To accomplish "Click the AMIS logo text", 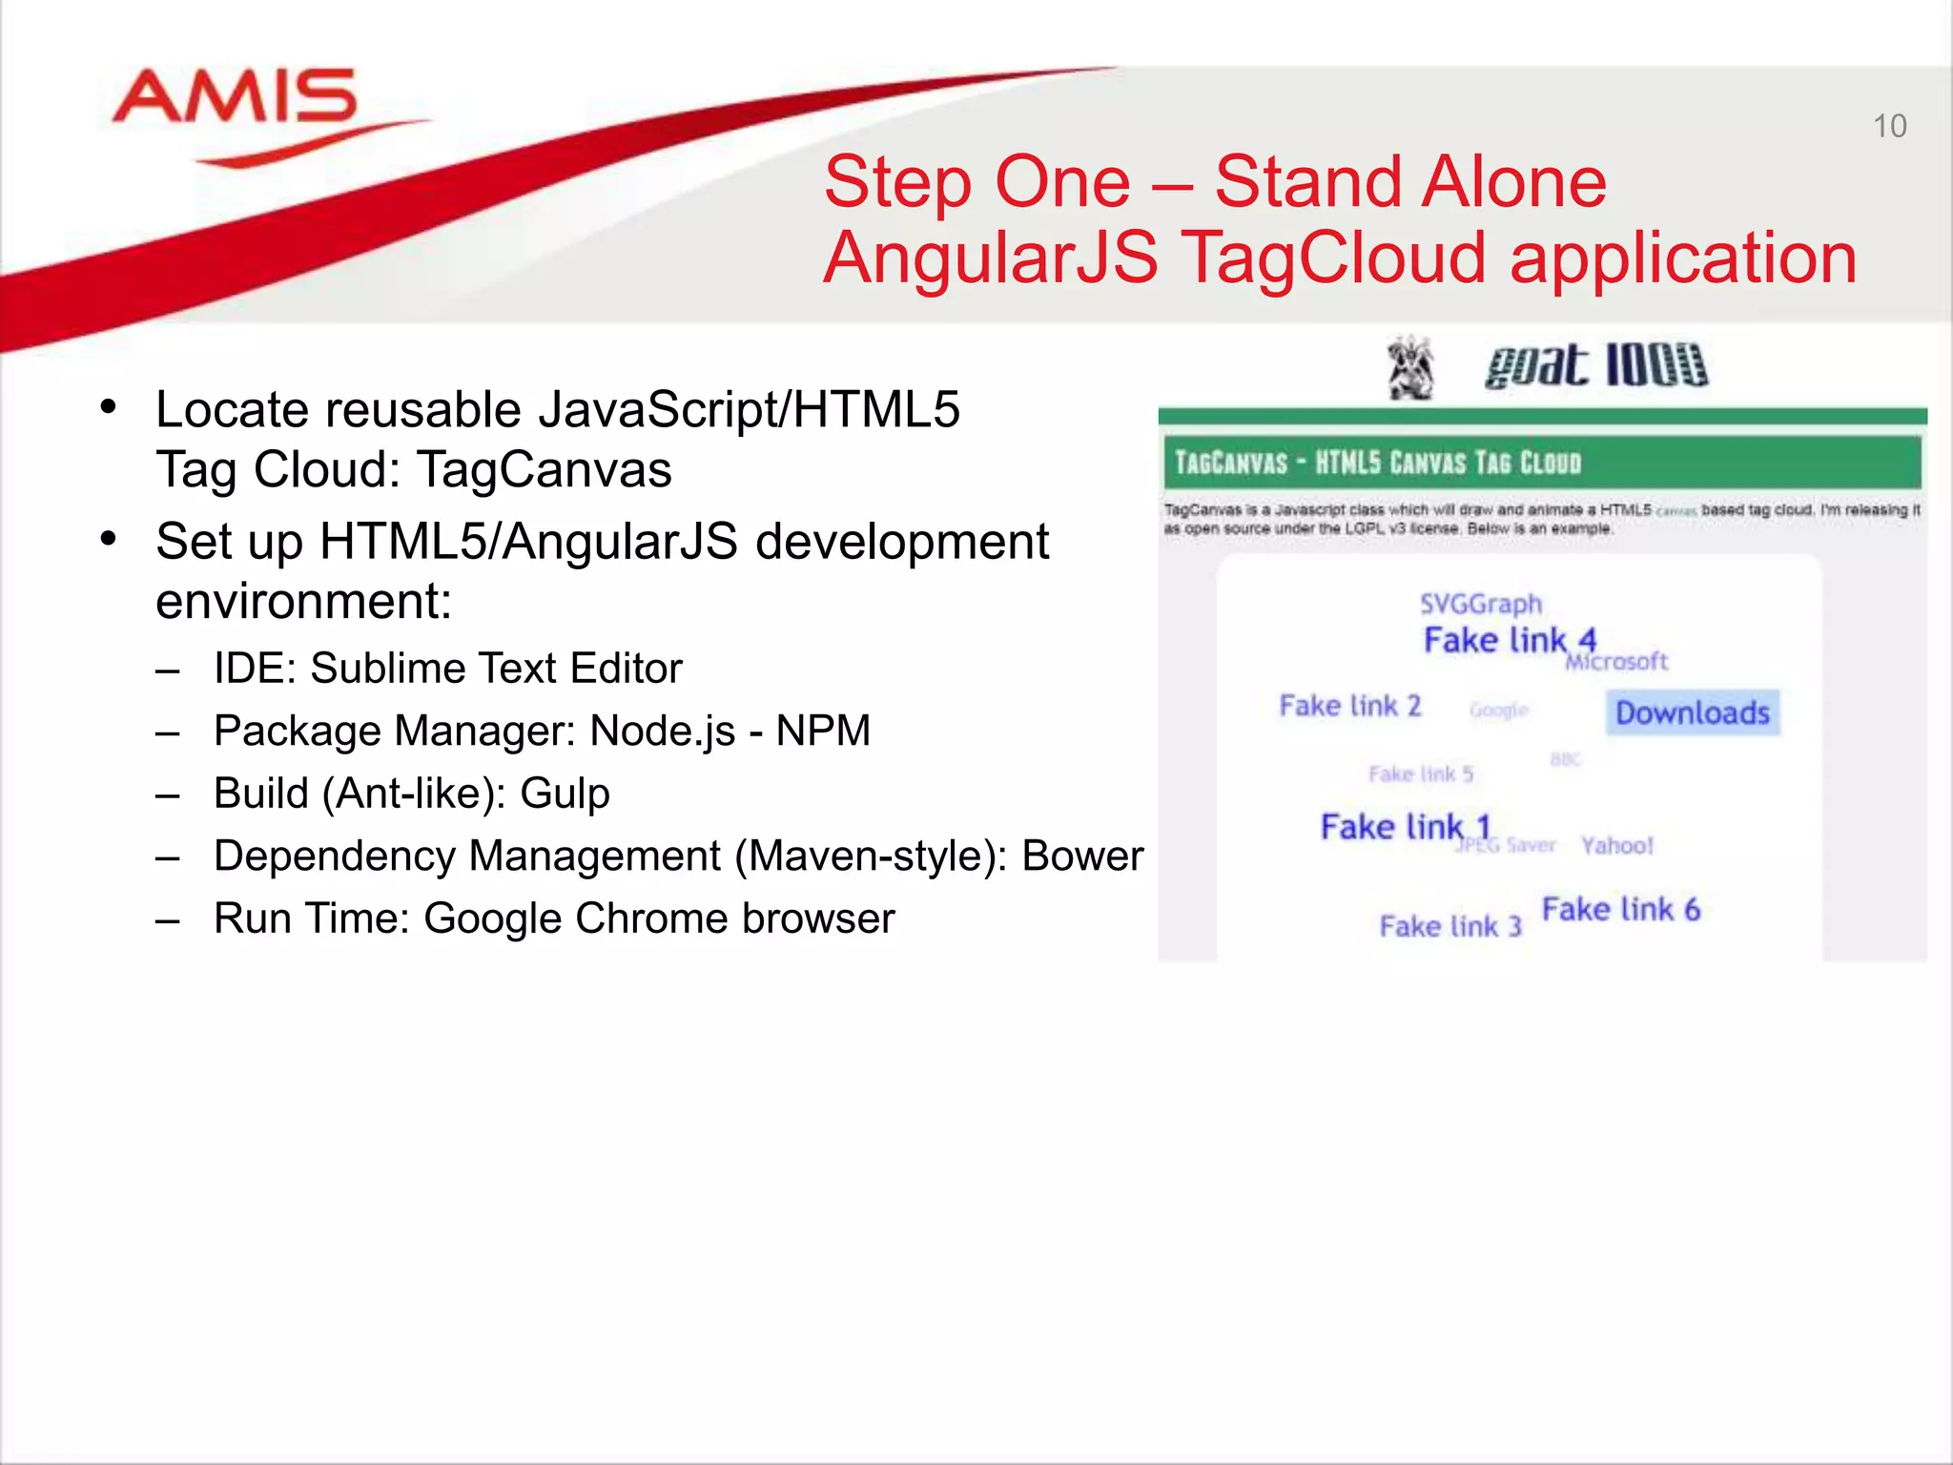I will (235, 97).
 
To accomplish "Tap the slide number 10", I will (1889, 126).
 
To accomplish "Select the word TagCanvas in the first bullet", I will (545, 469).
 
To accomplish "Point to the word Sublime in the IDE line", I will (386, 668).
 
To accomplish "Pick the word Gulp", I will (565, 794).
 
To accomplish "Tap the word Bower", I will (1082, 856).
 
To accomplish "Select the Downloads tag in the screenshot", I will (1693, 712).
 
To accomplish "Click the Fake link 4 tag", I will (1510, 640).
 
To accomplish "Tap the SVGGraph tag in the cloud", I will (1480, 604).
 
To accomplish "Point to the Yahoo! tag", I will (1616, 845).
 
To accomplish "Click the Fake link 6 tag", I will (1620, 909).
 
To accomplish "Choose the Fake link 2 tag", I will (1349, 706).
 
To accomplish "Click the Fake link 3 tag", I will (1449, 926).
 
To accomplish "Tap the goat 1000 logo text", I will (1595, 366).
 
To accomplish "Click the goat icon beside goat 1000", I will (1410, 367).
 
